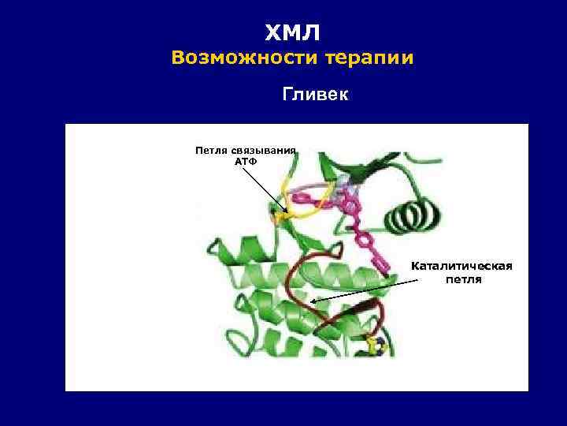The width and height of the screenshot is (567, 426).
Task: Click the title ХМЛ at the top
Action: pos(292,32)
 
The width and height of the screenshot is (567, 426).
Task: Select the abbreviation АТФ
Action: pos(246,160)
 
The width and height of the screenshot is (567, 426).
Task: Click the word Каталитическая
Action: pos(461,266)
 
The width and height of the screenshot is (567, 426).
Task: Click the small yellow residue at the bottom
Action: pos(375,346)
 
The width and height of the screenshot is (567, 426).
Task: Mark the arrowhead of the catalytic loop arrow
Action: pos(313,301)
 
